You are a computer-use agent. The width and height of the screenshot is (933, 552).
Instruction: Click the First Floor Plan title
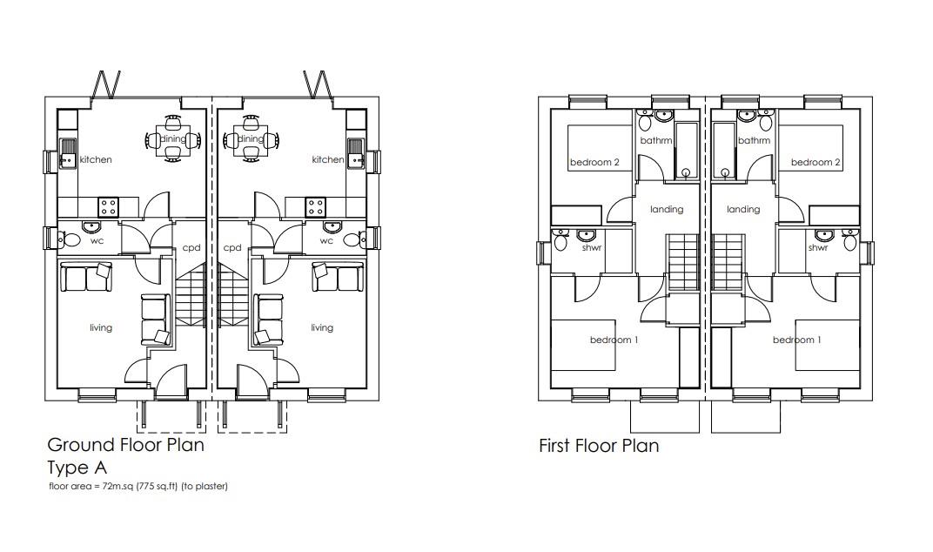tap(599, 447)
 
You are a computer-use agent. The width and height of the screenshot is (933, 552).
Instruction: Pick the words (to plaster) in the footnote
tap(208, 487)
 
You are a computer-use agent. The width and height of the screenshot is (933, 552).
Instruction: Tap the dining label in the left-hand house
tap(172, 138)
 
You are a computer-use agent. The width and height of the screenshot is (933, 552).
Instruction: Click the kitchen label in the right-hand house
tap(327, 160)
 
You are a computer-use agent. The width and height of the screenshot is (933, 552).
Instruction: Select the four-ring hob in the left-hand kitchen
tap(109, 207)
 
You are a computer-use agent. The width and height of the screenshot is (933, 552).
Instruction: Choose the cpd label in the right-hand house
tap(232, 248)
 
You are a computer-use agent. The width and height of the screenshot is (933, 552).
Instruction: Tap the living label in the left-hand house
tap(101, 328)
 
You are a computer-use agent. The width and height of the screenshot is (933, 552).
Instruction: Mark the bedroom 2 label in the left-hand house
tap(594, 163)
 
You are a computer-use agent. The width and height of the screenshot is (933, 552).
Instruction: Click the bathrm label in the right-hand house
tap(754, 141)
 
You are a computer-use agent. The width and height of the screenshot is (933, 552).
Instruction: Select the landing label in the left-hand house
tap(667, 210)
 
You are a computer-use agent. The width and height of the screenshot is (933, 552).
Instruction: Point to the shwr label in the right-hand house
tap(817, 248)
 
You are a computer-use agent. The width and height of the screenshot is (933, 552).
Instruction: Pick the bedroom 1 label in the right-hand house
tap(796, 340)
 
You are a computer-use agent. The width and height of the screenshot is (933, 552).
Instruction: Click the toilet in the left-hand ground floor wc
tap(63, 239)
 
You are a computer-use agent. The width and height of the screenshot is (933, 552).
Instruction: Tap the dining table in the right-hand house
tap(251, 139)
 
